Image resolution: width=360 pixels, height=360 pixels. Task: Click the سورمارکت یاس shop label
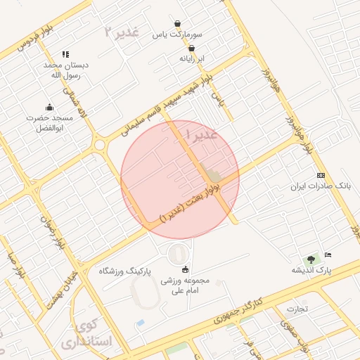tap(181, 34)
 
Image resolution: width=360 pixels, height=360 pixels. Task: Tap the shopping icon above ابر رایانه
tap(191, 48)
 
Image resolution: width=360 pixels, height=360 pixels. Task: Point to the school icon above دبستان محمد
tap(65, 54)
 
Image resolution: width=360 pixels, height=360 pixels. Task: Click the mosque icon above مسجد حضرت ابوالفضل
tap(49, 108)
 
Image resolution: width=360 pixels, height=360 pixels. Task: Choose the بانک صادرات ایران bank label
tap(321, 186)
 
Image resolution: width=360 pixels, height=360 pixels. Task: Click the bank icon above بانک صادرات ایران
tap(321, 174)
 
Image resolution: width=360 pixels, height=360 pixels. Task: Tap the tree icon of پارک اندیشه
tap(311, 259)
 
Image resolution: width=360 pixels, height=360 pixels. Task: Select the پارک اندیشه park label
tap(311, 270)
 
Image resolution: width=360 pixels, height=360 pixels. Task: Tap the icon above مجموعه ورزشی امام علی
tap(186, 269)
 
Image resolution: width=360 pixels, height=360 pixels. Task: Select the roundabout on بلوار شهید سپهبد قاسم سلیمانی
tap(99, 146)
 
